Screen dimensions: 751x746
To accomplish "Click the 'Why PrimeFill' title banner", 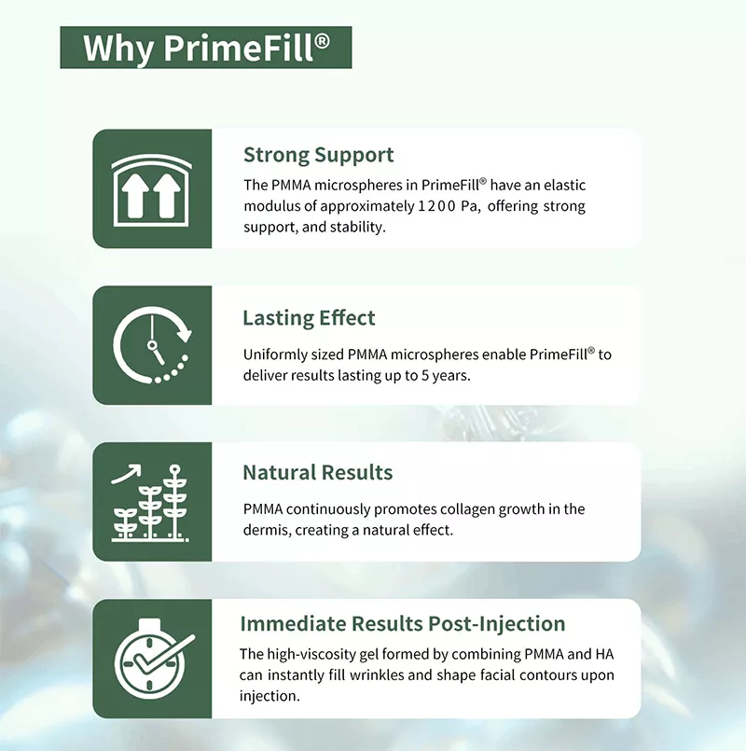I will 206,48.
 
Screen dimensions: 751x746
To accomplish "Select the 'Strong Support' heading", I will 318,155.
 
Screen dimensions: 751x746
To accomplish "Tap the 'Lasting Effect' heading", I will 309,318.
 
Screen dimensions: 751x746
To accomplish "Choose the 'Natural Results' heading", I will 317,472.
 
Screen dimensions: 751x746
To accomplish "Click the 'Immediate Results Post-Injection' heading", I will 403,623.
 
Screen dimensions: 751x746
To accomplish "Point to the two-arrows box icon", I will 151,188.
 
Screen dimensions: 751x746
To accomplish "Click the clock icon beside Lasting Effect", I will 151,345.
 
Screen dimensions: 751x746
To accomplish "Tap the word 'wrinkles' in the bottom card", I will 405,675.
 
